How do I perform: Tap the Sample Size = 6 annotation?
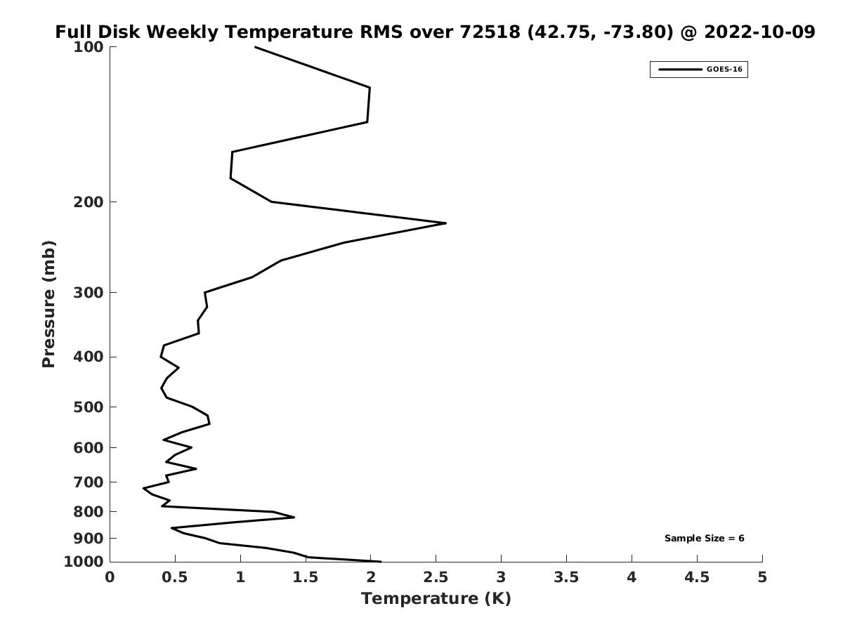point(704,539)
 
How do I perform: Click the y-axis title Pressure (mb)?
point(48,304)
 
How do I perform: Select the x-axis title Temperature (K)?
point(436,598)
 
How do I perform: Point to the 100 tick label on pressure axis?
point(89,47)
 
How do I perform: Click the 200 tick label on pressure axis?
point(89,202)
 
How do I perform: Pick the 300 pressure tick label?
point(89,293)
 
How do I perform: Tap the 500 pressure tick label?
point(89,407)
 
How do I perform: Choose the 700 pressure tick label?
point(89,482)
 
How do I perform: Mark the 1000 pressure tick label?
point(85,562)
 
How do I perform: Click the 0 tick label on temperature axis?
point(110,577)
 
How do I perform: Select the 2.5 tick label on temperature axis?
point(436,577)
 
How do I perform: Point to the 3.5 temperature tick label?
point(566,577)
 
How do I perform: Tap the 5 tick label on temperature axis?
point(762,577)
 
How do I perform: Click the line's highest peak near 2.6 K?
point(445,223)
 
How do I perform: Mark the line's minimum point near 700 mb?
point(143,488)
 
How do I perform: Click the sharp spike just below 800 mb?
point(294,518)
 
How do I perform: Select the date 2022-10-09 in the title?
point(759,32)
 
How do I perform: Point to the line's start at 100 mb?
point(255,47)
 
